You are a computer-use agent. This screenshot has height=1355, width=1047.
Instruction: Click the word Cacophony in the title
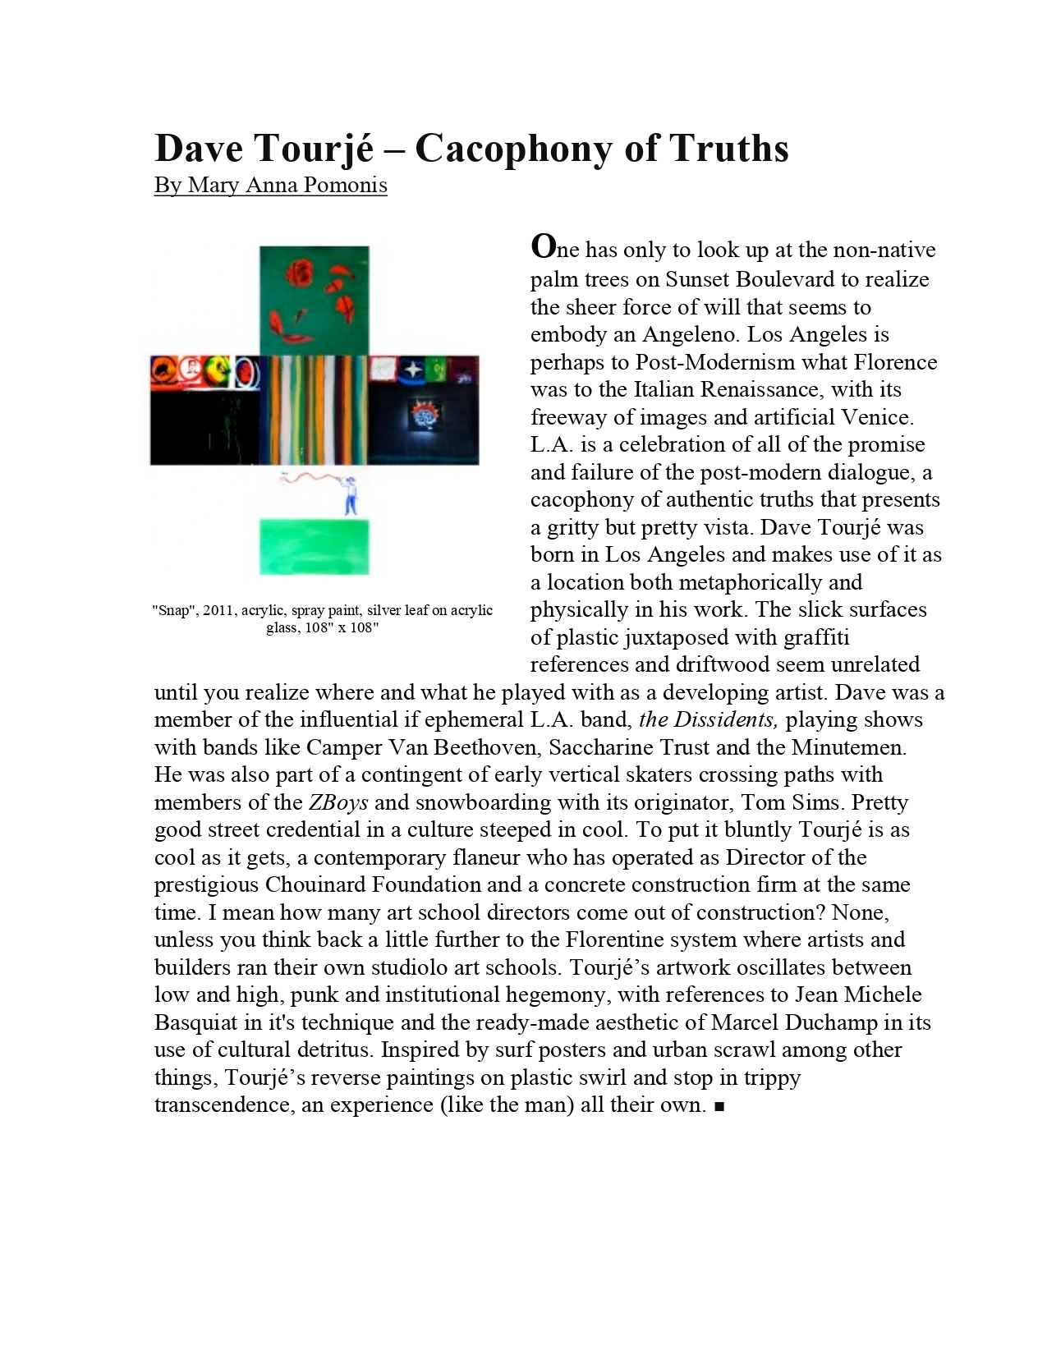507,149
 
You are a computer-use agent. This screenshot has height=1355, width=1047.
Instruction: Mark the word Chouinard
316,885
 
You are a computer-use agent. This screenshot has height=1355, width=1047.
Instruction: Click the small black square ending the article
719,1107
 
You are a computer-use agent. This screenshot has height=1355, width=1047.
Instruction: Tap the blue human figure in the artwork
352,494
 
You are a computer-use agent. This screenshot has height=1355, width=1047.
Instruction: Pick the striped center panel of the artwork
313,410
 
